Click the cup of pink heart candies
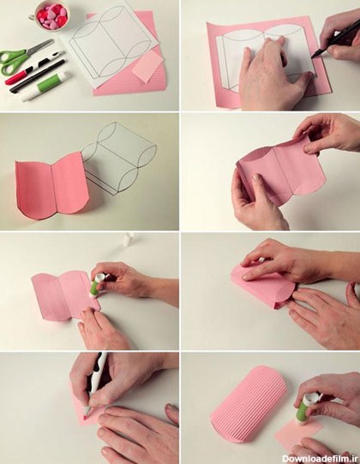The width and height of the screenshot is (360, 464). (x=51, y=15)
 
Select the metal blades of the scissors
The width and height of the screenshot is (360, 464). (x=41, y=47)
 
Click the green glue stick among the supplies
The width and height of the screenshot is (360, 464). (x=45, y=87)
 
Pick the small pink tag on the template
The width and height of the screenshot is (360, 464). (x=147, y=67)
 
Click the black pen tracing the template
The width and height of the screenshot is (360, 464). (x=335, y=41)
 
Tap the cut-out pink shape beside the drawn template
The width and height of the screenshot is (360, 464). (x=51, y=186)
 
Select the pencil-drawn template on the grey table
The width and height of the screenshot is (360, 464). (x=118, y=159)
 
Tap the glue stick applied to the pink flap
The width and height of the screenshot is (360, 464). (x=97, y=285)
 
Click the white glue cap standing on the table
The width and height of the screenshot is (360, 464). (x=128, y=240)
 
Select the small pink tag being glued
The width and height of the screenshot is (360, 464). (x=297, y=432)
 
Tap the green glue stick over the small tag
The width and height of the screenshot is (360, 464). (x=307, y=407)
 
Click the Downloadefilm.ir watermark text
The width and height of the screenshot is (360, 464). (x=321, y=458)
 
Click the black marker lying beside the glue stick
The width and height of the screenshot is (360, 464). (x=37, y=76)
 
